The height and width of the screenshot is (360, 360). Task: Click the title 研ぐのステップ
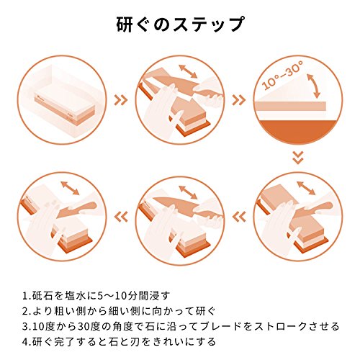pyautogui.click(x=181, y=24)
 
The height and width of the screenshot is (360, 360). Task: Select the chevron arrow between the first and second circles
pyautogui.click(x=121, y=100)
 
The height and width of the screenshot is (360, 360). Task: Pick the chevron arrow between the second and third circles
pyautogui.click(x=239, y=100)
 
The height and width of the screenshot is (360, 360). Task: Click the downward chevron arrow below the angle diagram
pyautogui.click(x=298, y=158)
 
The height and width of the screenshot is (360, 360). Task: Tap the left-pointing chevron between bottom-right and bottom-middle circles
pyautogui.click(x=239, y=217)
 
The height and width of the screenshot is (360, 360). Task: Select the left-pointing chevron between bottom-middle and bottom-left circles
pyautogui.click(x=121, y=217)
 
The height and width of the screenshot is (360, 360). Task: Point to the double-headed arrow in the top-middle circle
pyautogui.click(x=188, y=71)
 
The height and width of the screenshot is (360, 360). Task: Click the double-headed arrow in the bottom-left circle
pyautogui.click(x=70, y=188)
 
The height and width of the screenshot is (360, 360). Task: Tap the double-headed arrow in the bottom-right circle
pyautogui.click(x=306, y=188)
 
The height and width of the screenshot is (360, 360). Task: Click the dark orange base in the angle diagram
pyautogui.click(x=298, y=132)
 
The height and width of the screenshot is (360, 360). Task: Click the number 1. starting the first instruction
pyautogui.click(x=27, y=295)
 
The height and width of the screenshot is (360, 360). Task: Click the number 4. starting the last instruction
pyautogui.click(x=27, y=342)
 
